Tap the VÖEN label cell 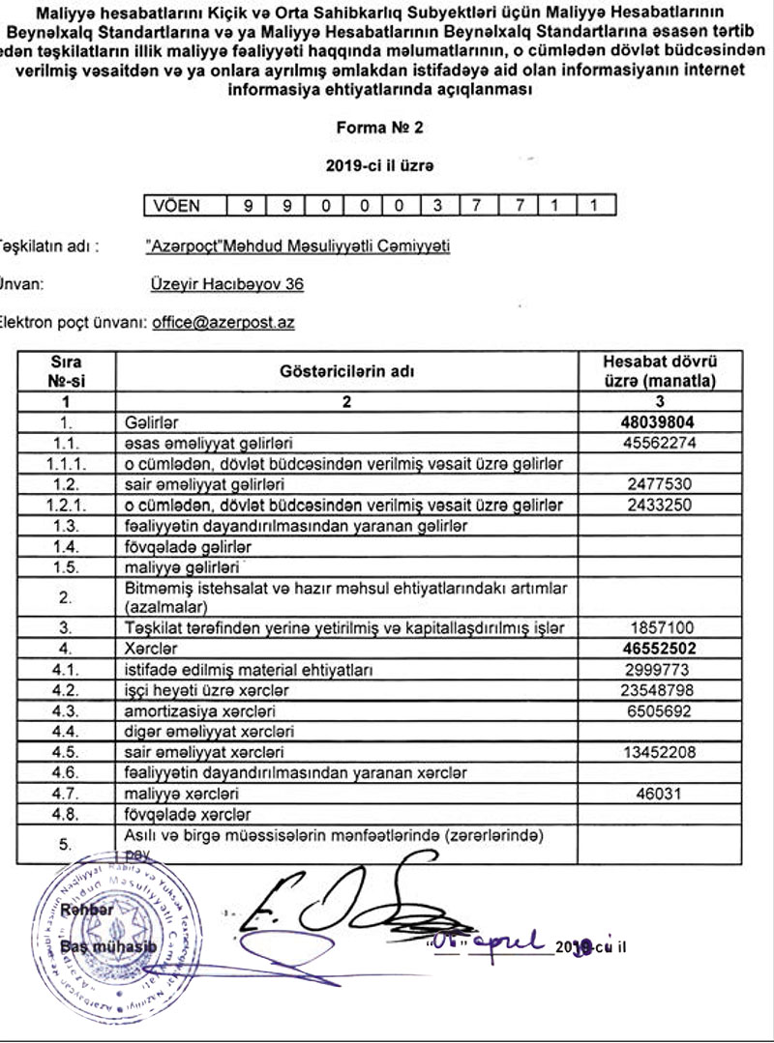[184, 205]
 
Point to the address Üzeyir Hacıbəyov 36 [227, 284]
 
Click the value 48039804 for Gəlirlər [659, 422]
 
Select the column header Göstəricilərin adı [347, 371]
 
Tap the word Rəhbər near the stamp [87, 910]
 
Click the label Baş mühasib [107, 946]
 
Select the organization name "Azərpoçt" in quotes [182, 246]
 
